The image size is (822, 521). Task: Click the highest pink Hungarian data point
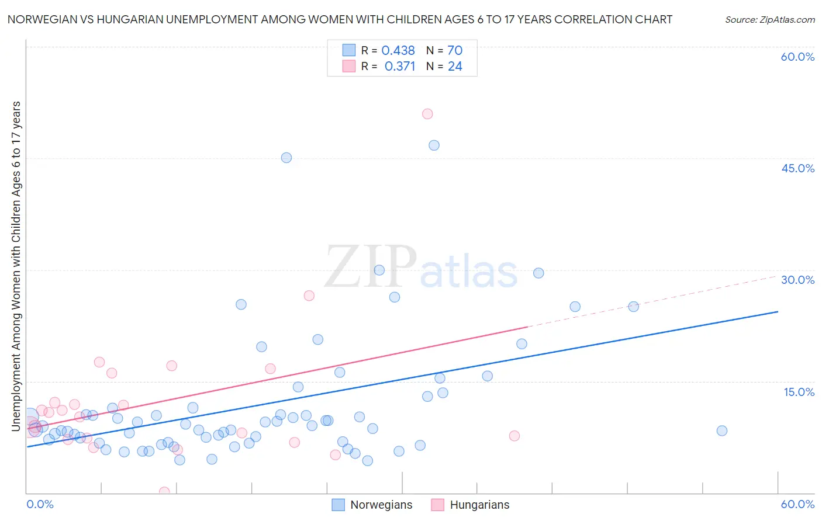pos(427,114)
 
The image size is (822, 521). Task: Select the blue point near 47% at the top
pos(434,145)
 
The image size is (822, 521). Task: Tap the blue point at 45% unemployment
pos(286,158)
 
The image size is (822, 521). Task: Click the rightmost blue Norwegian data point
pos(722,431)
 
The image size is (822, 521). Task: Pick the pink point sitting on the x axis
pos(164,492)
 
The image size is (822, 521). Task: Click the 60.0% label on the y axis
pos(797,57)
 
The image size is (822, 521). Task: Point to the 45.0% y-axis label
pos(797,168)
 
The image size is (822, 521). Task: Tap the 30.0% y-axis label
pos(797,280)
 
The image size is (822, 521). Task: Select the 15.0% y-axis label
pos(799,392)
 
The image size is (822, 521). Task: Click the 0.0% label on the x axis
pos(40,504)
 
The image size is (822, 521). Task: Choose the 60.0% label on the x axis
pos(797,504)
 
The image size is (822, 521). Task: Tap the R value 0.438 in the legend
pos(398,51)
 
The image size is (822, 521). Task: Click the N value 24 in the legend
pos(455,67)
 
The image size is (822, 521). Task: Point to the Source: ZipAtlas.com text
pos(769,20)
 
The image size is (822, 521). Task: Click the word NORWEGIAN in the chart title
pos(44,19)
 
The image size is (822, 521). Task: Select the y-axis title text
pos(16,266)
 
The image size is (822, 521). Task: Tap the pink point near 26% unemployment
pos(309,296)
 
